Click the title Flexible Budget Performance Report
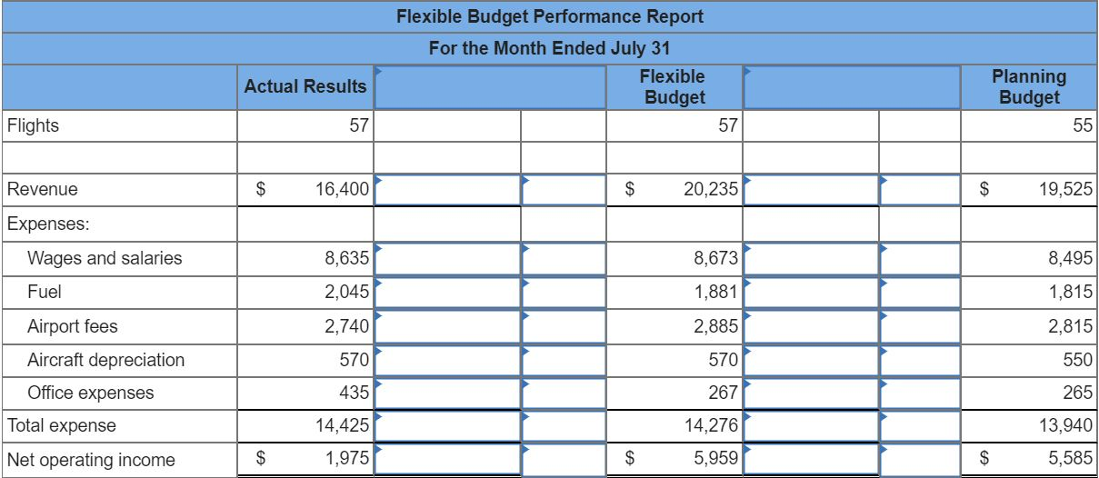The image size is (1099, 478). click(x=549, y=16)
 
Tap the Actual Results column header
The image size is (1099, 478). click(x=305, y=87)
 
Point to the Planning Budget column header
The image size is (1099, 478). click(x=1029, y=87)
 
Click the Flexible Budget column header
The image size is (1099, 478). click(x=673, y=87)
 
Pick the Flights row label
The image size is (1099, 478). click(x=33, y=125)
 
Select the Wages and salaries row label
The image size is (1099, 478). click(x=105, y=258)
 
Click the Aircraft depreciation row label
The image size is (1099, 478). click(x=105, y=360)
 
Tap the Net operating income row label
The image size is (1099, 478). click(x=91, y=460)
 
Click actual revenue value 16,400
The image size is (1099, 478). click(x=343, y=190)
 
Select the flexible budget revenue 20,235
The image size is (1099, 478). click(x=710, y=190)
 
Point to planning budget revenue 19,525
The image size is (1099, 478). click(x=1067, y=190)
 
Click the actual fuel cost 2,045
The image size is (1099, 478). click(x=346, y=293)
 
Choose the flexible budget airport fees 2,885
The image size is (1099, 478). click(x=715, y=325)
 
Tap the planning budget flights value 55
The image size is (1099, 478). click(x=1081, y=125)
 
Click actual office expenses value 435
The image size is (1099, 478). click(x=354, y=393)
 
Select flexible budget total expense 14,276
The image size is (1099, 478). click(x=712, y=425)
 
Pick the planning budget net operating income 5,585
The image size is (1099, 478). click(x=1072, y=460)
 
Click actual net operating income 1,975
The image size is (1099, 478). click(x=346, y=460)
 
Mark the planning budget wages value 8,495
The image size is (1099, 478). click(x=1072, y=258)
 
